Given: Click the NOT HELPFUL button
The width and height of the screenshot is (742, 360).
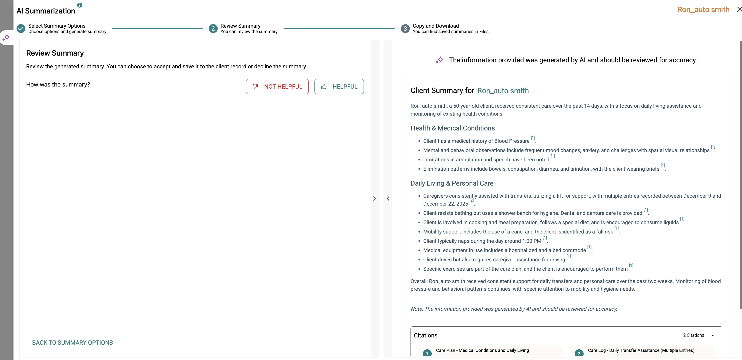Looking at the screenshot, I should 277,87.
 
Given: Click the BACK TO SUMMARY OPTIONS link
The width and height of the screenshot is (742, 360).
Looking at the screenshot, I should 72,342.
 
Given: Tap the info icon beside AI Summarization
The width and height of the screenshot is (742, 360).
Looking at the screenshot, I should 80,5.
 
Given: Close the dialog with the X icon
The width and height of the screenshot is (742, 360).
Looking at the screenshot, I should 739,10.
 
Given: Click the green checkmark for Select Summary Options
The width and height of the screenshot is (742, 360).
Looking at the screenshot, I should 21,29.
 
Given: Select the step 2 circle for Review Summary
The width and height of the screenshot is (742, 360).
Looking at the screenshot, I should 213,29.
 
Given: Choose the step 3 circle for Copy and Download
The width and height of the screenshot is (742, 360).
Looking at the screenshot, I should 405,29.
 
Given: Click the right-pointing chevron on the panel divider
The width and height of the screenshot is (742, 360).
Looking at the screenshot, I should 374,198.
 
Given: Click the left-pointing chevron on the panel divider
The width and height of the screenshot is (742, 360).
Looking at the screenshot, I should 388,198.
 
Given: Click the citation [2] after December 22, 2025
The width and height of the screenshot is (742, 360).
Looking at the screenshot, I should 471,200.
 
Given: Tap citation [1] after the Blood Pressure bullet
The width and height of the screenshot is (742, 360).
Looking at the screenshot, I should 533,138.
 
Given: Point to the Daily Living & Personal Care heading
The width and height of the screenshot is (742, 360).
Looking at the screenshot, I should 452,183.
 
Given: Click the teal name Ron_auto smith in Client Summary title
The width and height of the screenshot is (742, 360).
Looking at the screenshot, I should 503,91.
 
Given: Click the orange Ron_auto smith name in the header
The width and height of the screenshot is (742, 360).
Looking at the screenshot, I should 703,10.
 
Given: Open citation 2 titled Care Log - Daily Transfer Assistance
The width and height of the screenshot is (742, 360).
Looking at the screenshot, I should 641,350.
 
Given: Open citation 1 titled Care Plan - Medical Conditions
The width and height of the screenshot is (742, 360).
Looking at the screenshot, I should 482,350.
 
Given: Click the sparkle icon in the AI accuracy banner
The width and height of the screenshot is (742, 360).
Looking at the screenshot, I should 439,60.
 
